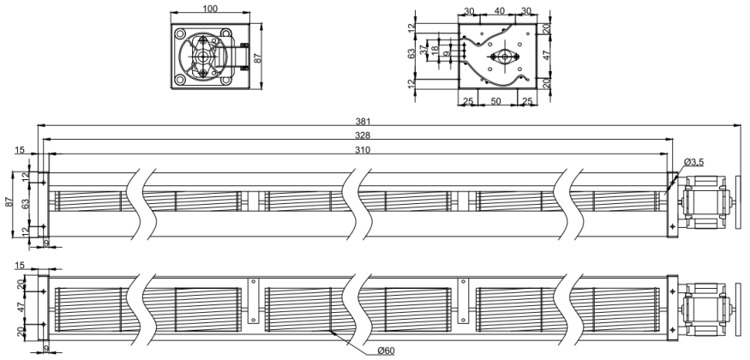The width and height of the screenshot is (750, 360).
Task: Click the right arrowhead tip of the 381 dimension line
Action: (x=741, y=126)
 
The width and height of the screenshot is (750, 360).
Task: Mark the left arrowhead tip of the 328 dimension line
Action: (x=43, y=140)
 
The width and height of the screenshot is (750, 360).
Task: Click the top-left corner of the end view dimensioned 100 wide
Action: (x=171, y=24)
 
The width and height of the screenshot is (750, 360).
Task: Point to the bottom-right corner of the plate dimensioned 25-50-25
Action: (x=537, y=88)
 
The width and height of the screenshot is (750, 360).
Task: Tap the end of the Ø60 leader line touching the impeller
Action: (x=331, y=330)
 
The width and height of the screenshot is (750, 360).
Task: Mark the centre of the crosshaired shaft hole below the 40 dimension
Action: (x=504, y=57)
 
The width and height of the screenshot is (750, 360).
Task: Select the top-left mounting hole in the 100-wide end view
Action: (x=180, y=33)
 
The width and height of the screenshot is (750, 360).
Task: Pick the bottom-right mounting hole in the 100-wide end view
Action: (x=225, y=80)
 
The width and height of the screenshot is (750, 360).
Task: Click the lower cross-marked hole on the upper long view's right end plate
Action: (x=673, y=225)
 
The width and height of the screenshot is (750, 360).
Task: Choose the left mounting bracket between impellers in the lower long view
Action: (x=252, y=300)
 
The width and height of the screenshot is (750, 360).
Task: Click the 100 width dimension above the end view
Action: (x=211, y=9)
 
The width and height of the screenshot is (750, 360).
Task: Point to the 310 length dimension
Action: (x=363, y=150)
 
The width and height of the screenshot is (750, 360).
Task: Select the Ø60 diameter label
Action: (x=386, y=351)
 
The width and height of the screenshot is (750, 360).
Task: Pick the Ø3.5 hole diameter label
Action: (x=693, y=162)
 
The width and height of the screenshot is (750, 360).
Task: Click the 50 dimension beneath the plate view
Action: (x=496, y=101)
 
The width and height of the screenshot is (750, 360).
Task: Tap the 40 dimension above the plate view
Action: (x=499, y=11)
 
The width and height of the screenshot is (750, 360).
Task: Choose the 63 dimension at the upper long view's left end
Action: (x=26, y=203)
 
